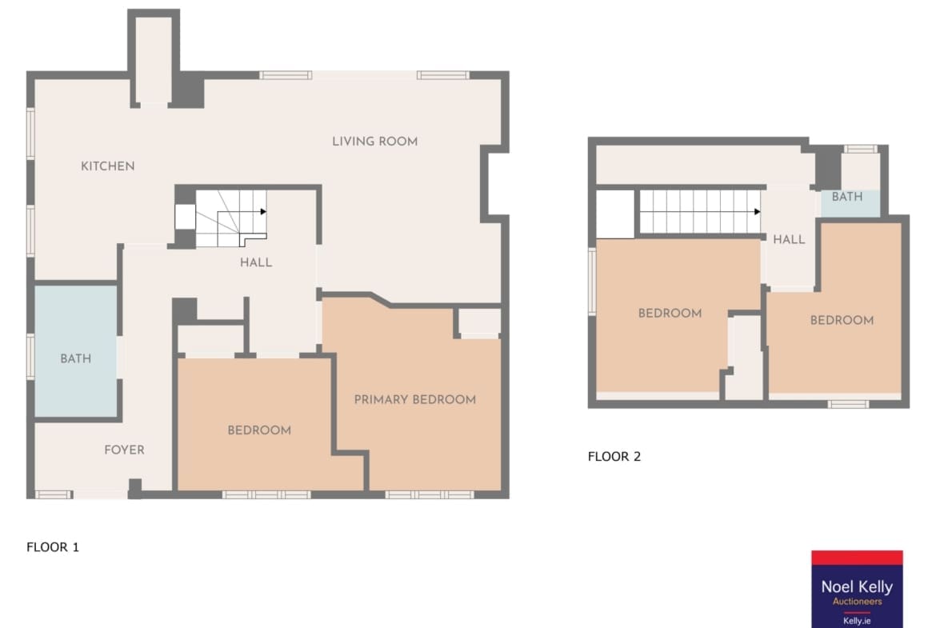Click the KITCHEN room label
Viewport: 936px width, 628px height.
[107, 166]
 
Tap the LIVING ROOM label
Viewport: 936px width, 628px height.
[375, 142]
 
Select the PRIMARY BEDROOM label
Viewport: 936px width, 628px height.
[415, 399]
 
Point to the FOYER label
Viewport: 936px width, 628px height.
[124, 450]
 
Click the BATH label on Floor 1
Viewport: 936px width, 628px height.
[76, 358]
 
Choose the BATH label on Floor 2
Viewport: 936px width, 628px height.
[847, 196]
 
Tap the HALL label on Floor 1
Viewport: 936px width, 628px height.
[256, 262]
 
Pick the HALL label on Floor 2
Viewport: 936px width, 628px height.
[789, 239]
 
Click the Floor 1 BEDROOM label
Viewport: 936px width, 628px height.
[259, 430]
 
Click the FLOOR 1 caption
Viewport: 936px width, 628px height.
[53, 547]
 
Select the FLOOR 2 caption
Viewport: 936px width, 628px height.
[614, 456]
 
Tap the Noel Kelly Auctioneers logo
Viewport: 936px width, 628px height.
[858, 589]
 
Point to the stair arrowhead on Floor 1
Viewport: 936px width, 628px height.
[263, 211]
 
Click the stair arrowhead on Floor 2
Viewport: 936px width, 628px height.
[757, 211]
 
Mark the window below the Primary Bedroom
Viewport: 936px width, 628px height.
[429, 494]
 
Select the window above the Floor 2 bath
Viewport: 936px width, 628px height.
[860, 149]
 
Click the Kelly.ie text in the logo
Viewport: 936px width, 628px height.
[857, 621]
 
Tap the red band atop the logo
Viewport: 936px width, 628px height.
[858, 558]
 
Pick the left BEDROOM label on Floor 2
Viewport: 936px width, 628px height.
[670, 313]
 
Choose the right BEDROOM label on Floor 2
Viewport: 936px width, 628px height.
[842, 320]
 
